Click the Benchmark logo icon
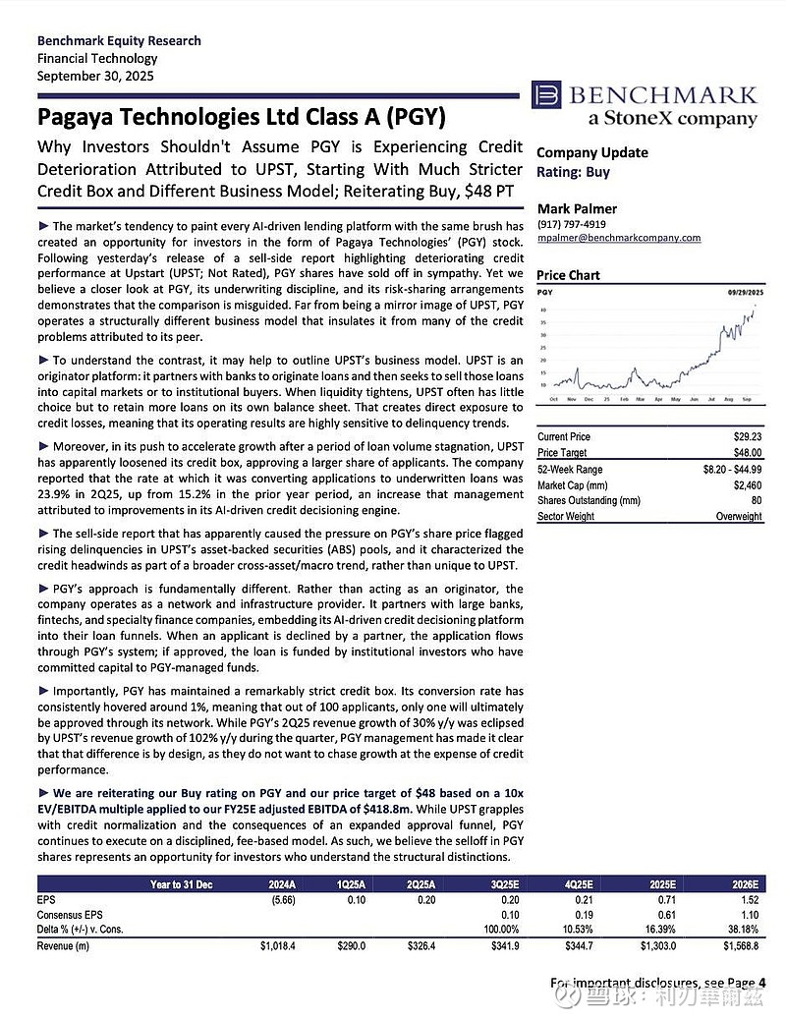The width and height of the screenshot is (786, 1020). coord(546,95)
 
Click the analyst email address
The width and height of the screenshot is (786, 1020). coord(619,238)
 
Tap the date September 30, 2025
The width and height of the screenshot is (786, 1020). coord(94,76)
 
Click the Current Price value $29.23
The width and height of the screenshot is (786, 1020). coord(747,435)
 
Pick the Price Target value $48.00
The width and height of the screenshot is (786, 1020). coord(747,452)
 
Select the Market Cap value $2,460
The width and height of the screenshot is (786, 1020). coord(746,484)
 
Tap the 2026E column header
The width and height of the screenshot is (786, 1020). coord(742,883)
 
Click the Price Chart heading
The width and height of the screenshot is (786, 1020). coord(568,275)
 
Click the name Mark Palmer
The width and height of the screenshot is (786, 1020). coord(576,209)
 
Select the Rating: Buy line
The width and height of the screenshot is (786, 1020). coord(573,172)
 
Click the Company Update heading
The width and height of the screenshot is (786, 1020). coord(591,152)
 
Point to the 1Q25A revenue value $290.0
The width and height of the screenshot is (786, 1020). coord(349,945)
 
